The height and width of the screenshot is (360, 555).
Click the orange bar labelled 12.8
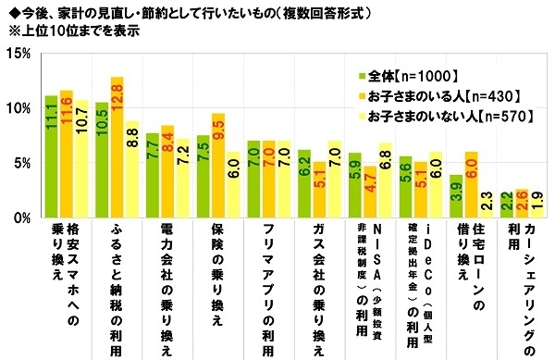click(117, 148)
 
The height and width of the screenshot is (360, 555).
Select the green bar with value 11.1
click(51, 157)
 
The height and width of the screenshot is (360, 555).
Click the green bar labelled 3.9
click(455, 197)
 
